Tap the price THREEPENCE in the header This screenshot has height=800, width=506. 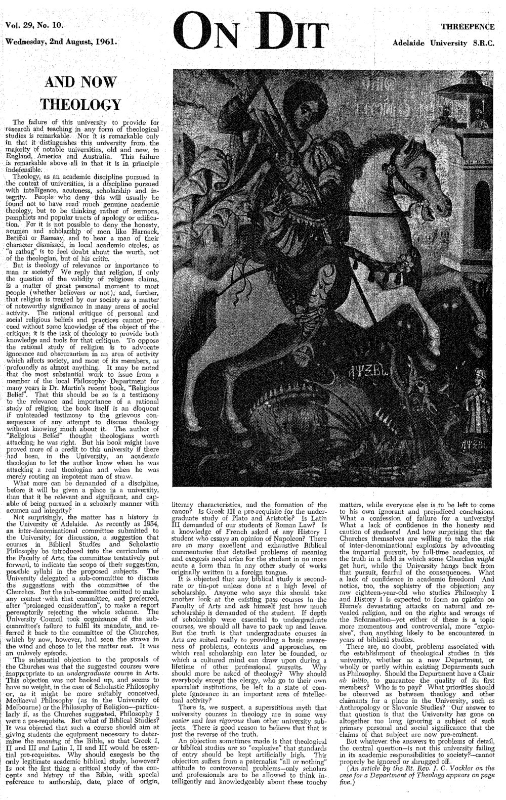(x=468, y=26)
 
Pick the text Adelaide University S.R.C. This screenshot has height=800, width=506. (x=446, y=43)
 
